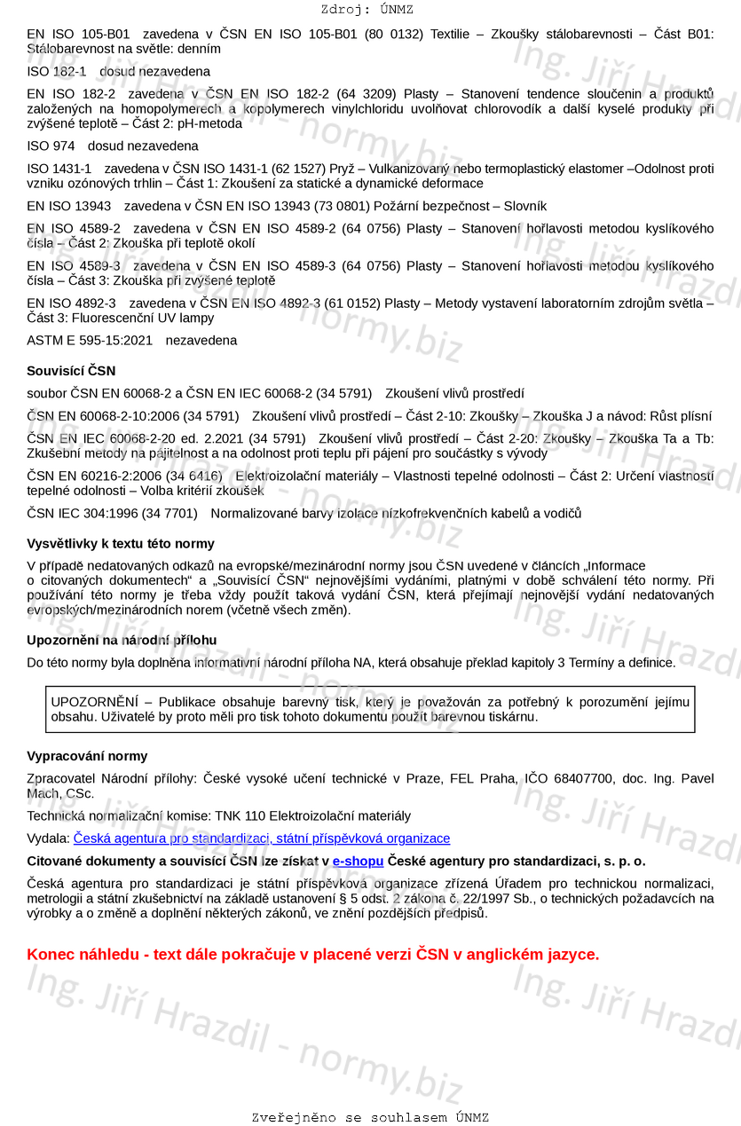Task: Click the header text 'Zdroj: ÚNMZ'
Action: pos(367,10)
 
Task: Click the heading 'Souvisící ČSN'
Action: pos(71,371)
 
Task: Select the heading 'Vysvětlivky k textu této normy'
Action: pos(121,543)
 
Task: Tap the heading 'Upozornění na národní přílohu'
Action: pos(122,640)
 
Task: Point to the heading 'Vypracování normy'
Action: pos(87,756)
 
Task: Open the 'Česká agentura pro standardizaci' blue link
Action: pos(261,839)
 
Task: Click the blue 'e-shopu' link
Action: pos(358,861)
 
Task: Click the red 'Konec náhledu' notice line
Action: pos(313,955)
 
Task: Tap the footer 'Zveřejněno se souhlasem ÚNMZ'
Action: pos(370,1117)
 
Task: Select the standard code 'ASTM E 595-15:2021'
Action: pos(90,340)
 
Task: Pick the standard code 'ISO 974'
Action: pos(51,146)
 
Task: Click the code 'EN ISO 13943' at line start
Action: pos(69,206)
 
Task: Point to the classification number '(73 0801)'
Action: pos(351,206)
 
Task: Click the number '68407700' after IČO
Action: pos(581,778)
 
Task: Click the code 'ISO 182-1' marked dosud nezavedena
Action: pos(57,71)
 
